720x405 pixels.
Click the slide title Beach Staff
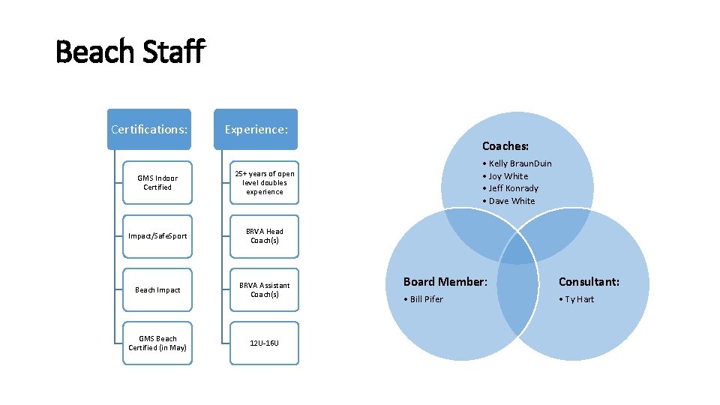point(130,52)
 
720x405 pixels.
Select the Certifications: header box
point(149,129)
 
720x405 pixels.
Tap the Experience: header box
point(256,129)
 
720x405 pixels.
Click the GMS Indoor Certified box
point(157,183)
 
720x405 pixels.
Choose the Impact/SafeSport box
point(157,236)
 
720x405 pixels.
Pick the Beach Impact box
point(157,290)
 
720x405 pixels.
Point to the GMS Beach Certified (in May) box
point(157,343)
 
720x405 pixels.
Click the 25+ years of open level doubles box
point(265,183)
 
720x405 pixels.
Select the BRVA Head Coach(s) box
point(265,236)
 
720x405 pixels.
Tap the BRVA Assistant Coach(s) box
point(265,290)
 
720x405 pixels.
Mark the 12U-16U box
point(265,343)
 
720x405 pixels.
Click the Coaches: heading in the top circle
point(505,146)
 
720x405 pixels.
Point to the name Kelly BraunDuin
point(520,163)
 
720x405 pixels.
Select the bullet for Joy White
point(484,176)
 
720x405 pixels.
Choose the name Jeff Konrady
point(514,188)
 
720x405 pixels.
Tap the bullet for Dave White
point(484,201)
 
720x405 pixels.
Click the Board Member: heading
point(445,282)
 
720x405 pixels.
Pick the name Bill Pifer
point(426,299)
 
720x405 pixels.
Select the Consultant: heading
point(589,282)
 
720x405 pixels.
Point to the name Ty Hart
point(579,299)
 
